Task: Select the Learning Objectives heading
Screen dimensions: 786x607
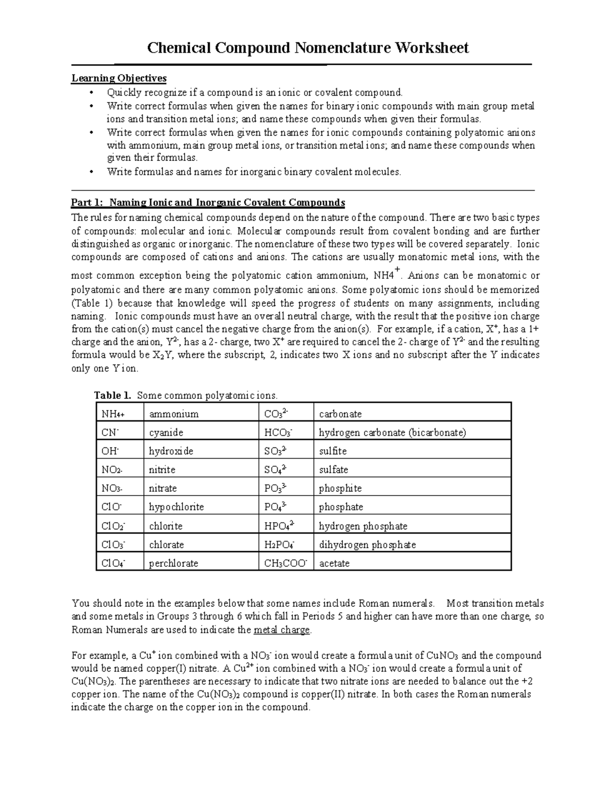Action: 119,78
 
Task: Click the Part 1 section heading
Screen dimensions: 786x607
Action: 208,203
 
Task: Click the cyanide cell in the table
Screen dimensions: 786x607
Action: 166,433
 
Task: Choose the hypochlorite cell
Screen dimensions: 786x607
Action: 176,507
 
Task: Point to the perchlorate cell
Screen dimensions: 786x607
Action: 174,563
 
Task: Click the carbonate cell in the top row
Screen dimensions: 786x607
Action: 340,414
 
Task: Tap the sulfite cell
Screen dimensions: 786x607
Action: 332,451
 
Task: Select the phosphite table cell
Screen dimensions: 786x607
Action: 340,488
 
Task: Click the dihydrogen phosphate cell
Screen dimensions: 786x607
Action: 367,545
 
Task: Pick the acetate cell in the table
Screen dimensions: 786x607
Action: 334,563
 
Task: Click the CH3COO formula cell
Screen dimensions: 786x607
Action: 286,563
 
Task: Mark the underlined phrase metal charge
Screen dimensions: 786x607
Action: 282,630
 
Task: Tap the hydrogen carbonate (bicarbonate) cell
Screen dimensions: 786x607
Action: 392,433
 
